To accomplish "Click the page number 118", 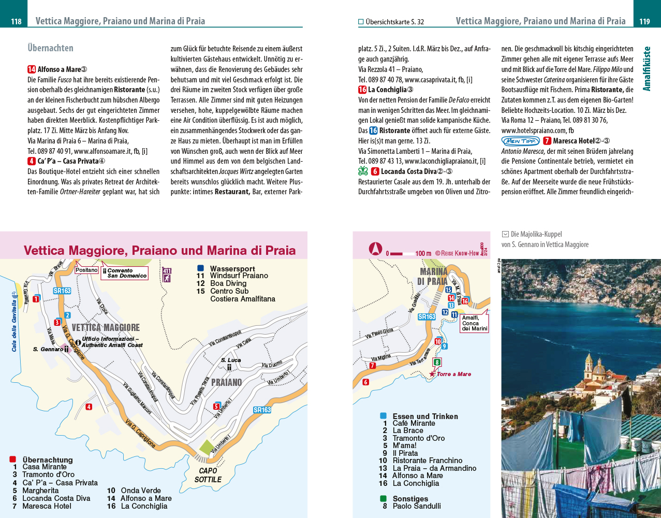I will pos(16,21).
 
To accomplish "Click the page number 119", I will pos(644,21).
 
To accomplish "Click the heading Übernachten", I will pos(50,48).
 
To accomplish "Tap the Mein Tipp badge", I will pos(521,141).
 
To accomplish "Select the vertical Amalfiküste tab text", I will pos(647,68).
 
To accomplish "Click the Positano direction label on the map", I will pos(86,270).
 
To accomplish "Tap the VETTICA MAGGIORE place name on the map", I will pos(106,327).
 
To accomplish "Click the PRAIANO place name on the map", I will pos(226,382).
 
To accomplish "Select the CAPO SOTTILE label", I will pos(208,475).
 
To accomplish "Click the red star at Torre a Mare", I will pos(432,373).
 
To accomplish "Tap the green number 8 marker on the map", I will pos(437,363).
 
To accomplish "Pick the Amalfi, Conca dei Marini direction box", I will pos(474,323).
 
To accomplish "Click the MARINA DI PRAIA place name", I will pos(433,276).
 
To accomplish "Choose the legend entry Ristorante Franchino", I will pos(427,461).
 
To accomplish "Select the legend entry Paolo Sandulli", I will pos(417,506).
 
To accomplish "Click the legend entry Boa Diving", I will pos(228,283).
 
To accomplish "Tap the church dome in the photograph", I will pos(599,369).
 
